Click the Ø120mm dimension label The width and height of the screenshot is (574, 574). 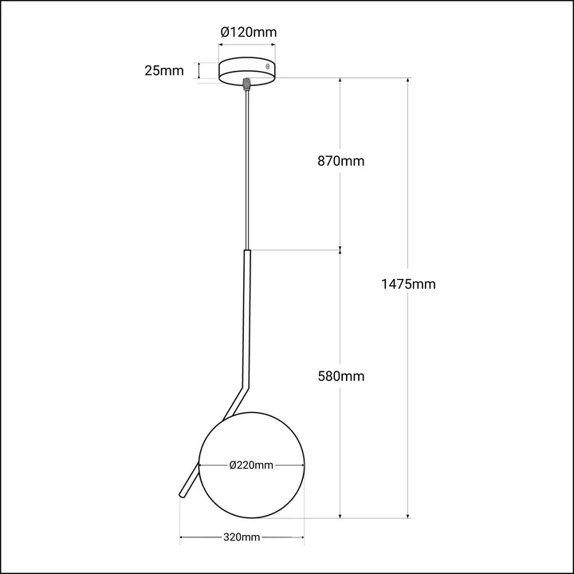[x=248, y=33]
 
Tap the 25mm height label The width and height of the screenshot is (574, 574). [x=163, y=70]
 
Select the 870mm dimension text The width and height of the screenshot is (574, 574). [x=340, y=161]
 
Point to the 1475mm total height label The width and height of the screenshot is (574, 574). [x=409, y=284]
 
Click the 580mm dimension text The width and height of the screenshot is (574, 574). [x=340, y=375]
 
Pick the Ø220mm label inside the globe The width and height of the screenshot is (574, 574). [x=251, y=466]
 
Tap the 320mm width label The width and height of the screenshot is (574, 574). [x=242, y=537]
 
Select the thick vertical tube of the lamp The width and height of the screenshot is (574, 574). [x=247, y=319]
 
